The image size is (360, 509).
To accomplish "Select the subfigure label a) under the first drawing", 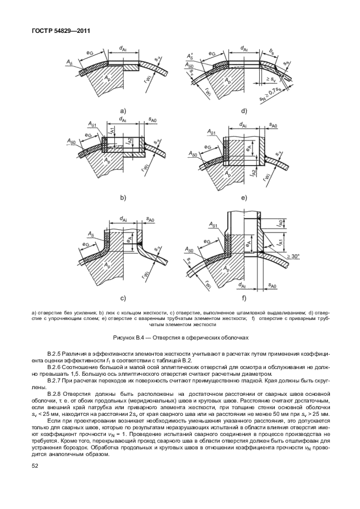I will (x=122, y=110).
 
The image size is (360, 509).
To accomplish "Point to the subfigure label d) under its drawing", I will (x=244, y=110).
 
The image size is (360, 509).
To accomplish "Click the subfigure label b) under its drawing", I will (x=122, y=197).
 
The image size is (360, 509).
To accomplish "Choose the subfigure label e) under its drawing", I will (x=244, y=197).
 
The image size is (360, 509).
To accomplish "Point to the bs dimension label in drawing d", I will (x=271, y=52).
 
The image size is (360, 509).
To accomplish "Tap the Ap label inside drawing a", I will (x=104, y=80).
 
